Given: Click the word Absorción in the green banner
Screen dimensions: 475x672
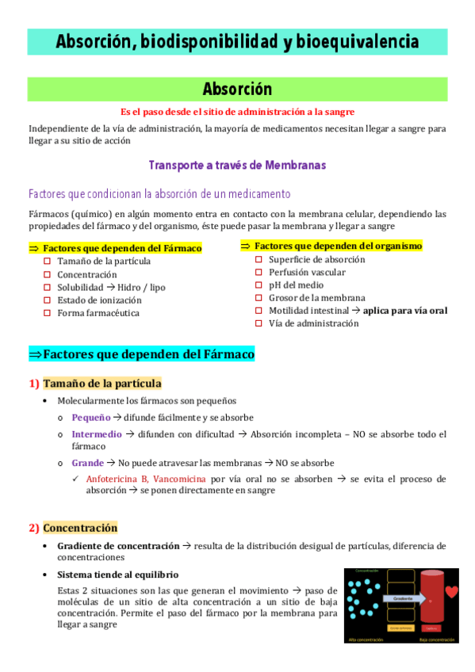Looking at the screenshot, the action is [237, 89].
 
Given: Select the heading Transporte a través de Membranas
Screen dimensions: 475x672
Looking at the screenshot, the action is [237, 165].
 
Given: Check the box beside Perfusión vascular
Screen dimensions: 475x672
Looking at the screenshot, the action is [259, 272].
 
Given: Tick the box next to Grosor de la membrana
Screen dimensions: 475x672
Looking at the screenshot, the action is [259, 297].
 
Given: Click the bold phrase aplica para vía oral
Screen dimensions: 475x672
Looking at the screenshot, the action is [406, 310].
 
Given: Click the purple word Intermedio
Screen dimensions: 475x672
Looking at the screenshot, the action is [97, 434].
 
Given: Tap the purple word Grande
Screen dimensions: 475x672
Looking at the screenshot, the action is [87, 463].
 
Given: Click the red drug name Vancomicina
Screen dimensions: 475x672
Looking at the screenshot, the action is [181, 479].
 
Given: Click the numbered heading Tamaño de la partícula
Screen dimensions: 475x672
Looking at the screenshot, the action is [102, 384].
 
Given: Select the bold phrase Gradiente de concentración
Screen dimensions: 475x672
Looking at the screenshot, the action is [117, 546].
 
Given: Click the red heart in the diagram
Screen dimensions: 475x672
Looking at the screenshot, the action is [451, 591].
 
